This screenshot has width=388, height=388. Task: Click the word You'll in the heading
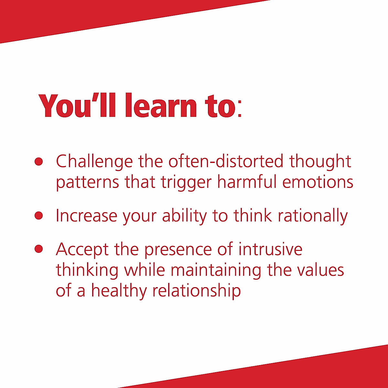[x=77, y=105]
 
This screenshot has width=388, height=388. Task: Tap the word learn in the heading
[x=161, y=105]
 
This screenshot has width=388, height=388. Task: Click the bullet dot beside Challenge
[x=39, y=161]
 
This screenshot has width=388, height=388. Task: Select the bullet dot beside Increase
[x=39, y=216]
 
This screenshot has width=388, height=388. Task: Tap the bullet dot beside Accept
[x=39, y=249]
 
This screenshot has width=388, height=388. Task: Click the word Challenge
[x=94, y=162]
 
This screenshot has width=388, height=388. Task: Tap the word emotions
[x=318, y=182]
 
